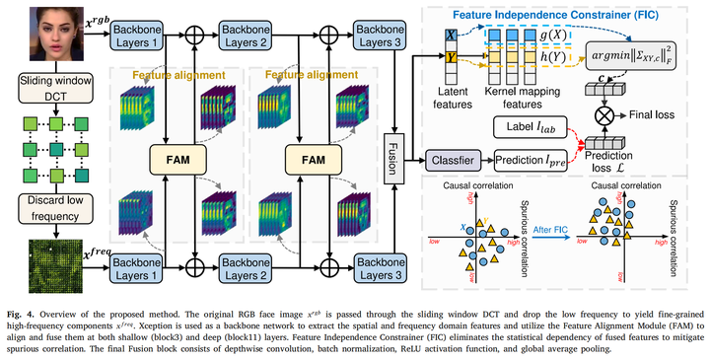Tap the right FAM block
tap(306, 158)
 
